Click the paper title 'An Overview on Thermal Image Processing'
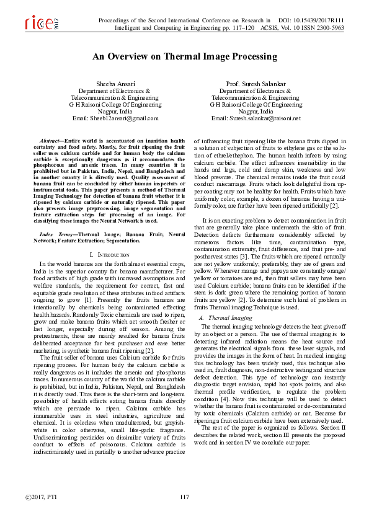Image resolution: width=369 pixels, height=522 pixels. pyautogui.click(x=184, y=56)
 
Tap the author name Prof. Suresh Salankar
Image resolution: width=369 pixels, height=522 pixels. pyautogui.click(x=255, y=84)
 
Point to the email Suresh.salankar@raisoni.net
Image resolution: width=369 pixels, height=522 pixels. pyautogui.click(x=256, y=118)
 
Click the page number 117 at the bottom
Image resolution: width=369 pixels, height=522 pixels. pyautogui.click(x=184, y=498)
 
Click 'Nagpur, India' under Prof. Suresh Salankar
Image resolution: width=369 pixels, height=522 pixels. pyautogui.click(x=255, y=112)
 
